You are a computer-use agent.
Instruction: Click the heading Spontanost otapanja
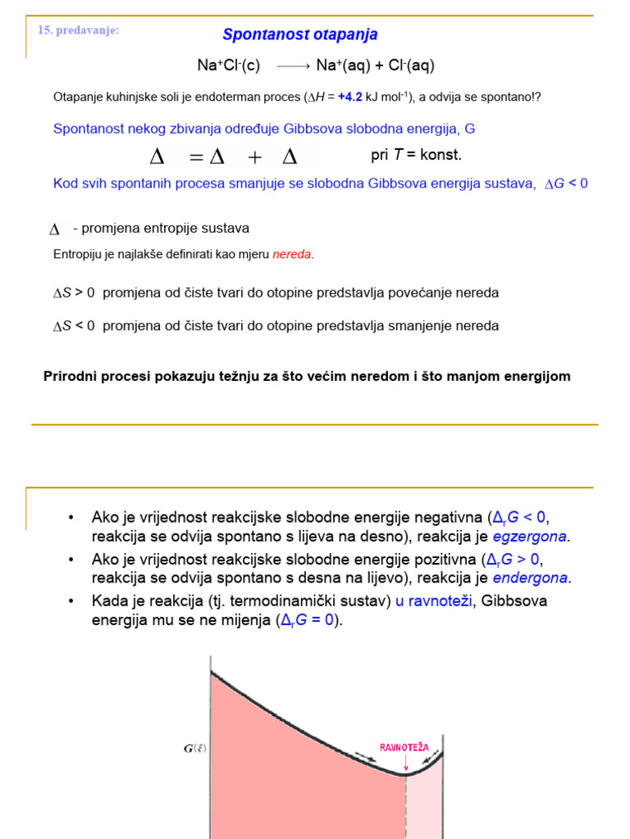point(300,34)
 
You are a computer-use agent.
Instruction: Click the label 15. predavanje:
point(79,30)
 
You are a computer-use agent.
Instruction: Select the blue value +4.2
point(350,97)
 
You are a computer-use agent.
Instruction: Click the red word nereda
point(292,254)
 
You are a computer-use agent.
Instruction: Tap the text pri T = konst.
point(416,155)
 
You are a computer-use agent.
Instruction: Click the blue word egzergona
point(530,537)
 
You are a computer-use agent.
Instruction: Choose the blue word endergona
point(530,578)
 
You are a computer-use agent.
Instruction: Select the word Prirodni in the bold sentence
point(66,376)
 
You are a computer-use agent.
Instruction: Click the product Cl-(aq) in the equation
point(405,66)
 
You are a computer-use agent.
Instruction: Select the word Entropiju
point(78,254)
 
